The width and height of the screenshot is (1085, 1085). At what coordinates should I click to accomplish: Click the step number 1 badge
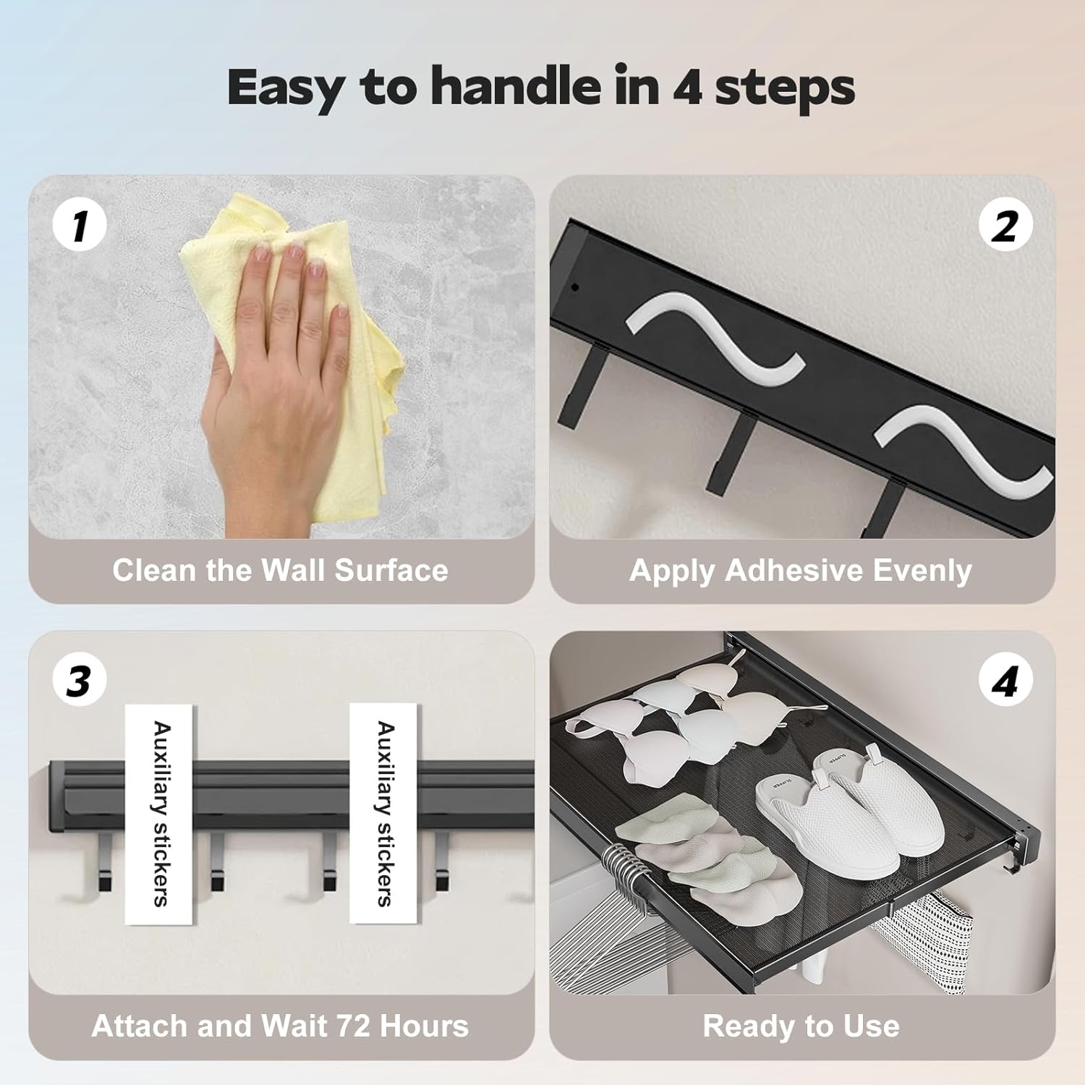(x=80, y=225)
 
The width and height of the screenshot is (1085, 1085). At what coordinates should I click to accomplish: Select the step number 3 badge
(x=80, y=681)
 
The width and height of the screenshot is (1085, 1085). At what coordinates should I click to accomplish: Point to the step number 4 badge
(x=1005, y=681)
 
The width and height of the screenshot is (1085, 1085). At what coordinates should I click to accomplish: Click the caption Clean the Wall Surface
(x=281, y=570)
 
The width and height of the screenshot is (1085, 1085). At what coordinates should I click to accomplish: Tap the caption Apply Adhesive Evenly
(x=801, y=571)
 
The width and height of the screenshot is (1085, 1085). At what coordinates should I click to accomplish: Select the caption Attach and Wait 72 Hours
(x=281, y=1026)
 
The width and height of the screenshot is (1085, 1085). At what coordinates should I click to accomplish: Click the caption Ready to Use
(x=801, y=1026)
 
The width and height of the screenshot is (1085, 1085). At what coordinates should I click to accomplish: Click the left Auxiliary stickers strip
(x=159, y=813)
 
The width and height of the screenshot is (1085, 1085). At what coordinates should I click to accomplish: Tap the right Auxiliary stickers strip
(x=383, y=813)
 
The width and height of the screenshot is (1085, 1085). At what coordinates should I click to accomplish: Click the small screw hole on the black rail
(x=575, y=287)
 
